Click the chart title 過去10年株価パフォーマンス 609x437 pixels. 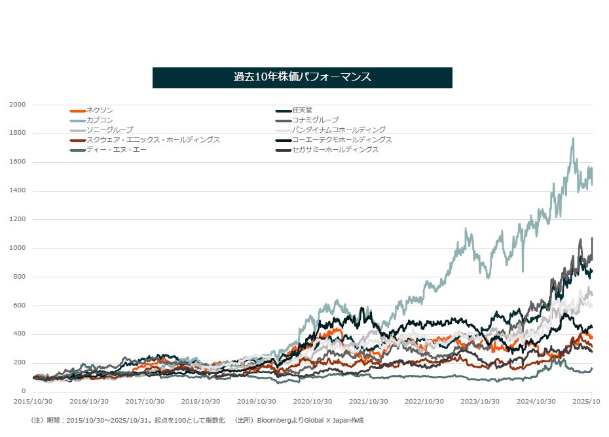pos(302,77)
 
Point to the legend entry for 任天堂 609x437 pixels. pos(302,111)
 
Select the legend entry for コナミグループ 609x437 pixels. pos(315,120)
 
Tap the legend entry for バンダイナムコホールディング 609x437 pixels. pos(339,130)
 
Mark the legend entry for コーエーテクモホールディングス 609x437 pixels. pos(342,140)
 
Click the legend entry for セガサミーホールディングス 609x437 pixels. pos(335,150)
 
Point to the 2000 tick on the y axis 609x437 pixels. pos(18,105)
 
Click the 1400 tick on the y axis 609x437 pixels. pos(18,191)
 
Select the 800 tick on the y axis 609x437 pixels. pos(20,277)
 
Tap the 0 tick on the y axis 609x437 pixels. pos(23,391)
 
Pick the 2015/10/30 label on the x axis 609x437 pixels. pos(33,401)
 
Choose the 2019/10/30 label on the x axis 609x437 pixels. pos(256,401)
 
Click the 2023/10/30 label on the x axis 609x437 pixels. pos(480,401)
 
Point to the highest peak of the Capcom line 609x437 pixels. pos(574,138)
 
